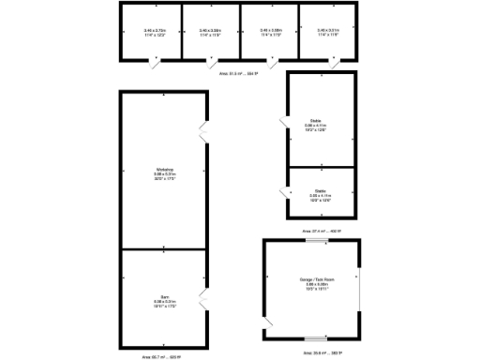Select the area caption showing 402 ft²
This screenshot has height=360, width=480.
click(322, 231)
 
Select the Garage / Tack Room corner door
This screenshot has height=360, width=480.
click(271, 327)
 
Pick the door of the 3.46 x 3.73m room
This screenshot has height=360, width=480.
click(154, 63)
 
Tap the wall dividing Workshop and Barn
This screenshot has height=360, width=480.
click(164, 248)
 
